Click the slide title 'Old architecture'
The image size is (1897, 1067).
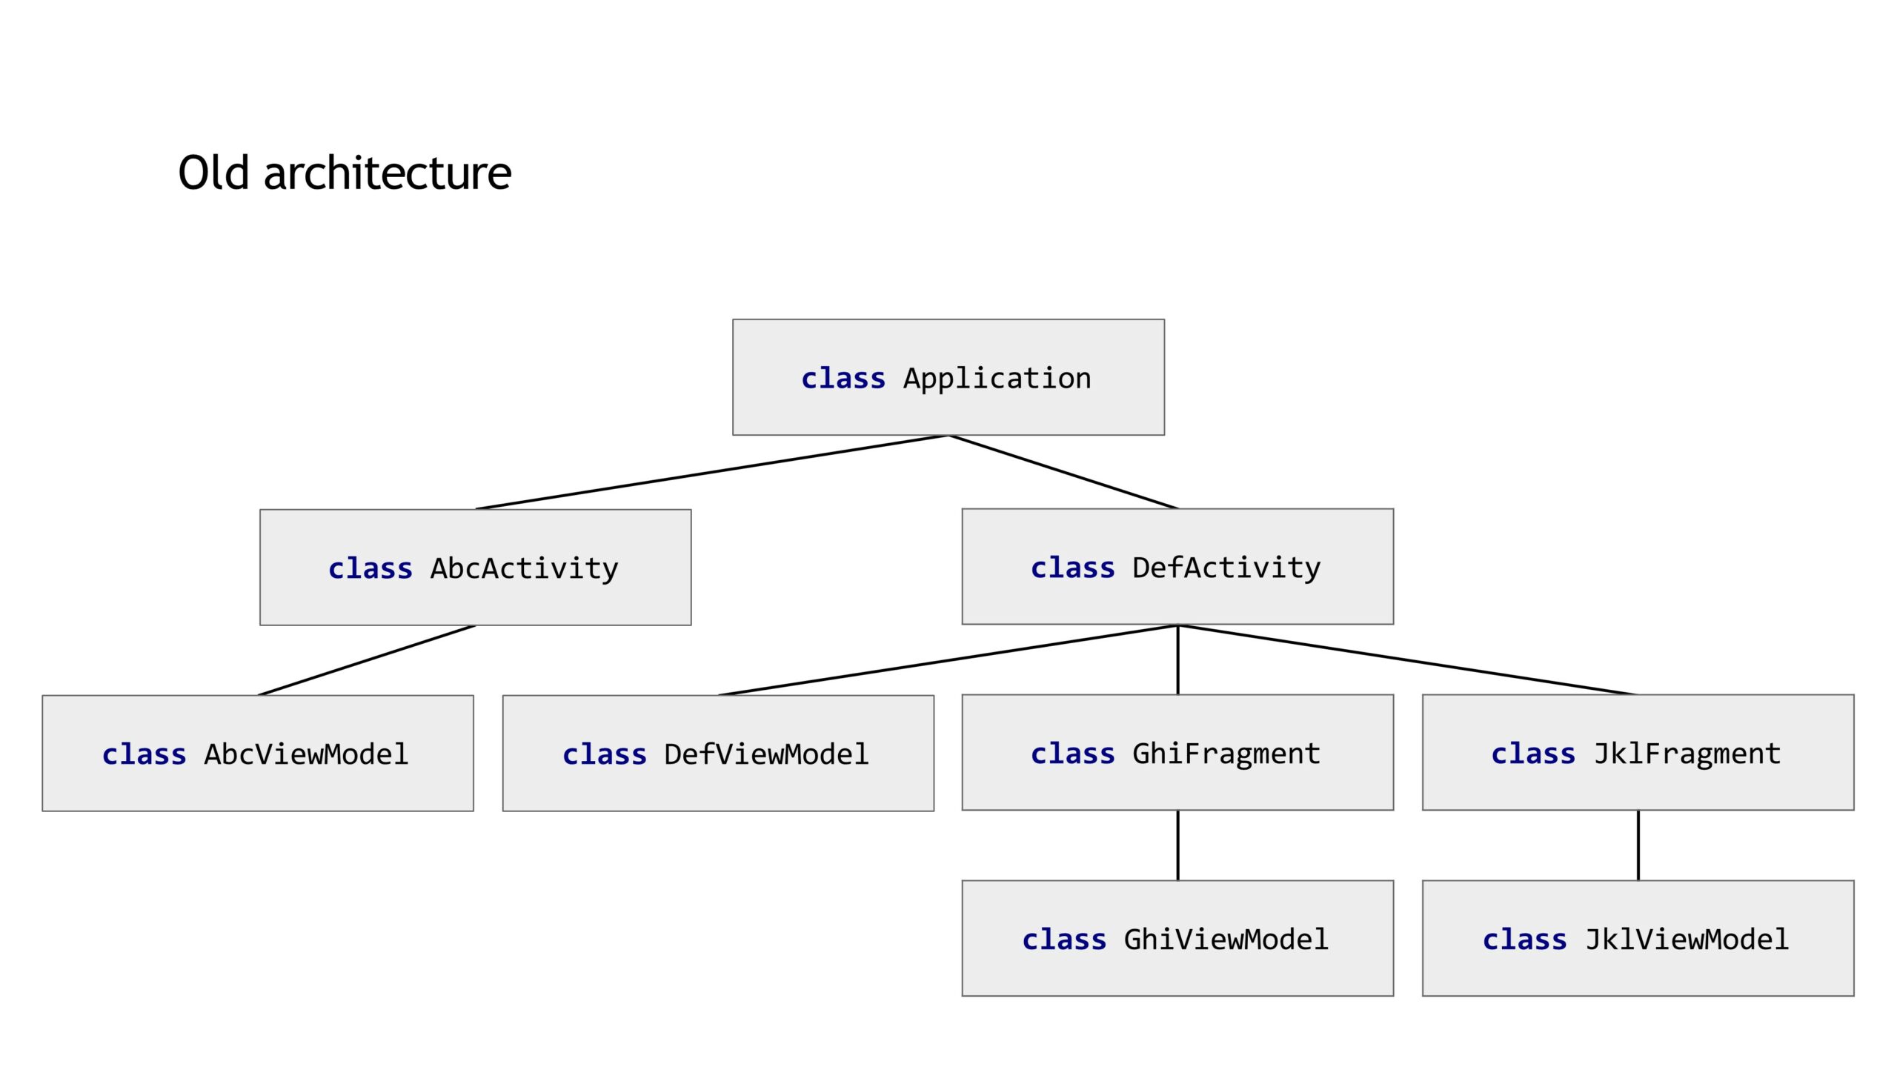[x=345, y=173]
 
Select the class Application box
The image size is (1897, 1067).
[x=948, y=377]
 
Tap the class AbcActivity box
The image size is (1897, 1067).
[x=476, y=568]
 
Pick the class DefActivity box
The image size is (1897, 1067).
[x=1177, y=567]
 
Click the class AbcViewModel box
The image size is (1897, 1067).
[x=258, y=754]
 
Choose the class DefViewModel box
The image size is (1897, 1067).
[x=718, y=754]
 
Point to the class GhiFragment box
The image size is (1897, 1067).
[x=1177, y=753]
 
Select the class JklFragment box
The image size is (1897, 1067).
[x=1638, y=753]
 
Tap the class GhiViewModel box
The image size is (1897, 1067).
[x=1177, y=939]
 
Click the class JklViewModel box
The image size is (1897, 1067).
[x=1638, y=939]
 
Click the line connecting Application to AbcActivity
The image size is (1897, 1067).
[x=712, y=472]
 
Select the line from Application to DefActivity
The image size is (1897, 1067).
[x=1063, y=472]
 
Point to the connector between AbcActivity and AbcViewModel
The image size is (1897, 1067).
[x=367, y=660]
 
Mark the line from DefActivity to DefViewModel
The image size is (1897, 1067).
[x=948, y=660]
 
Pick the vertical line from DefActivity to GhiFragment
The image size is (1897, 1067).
[x=1177, y=660]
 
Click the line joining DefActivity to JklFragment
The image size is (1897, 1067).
[x=1408, y=660]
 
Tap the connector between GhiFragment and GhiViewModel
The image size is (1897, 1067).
[x=1177, y=846]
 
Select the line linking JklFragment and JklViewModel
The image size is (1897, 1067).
[x=1638, y=846]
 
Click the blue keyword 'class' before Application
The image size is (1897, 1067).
[x=843, y=379]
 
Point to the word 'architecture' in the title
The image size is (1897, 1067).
[x=388, y=173]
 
